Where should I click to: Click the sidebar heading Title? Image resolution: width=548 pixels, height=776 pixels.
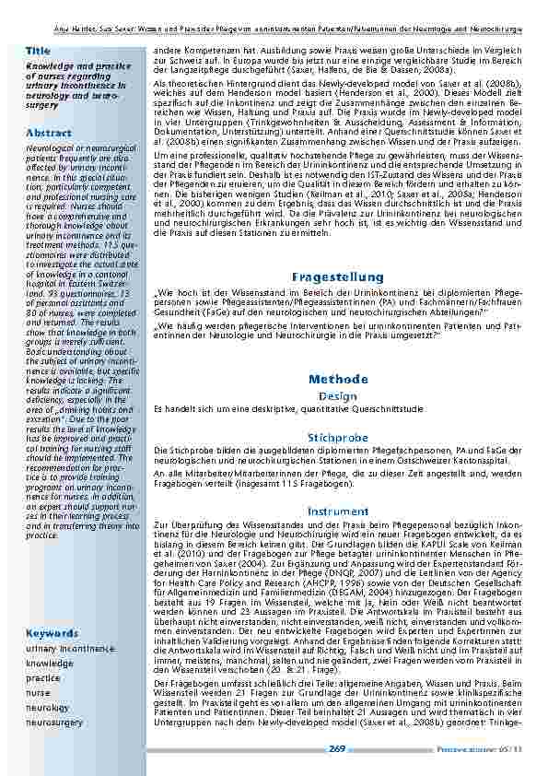[x=39, y=50]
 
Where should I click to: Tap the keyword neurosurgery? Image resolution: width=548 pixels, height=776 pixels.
[x=54, y=723]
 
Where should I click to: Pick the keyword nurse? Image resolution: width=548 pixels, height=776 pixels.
[x=38, y=692]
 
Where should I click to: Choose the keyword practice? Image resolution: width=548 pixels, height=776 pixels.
[x=42, y=677]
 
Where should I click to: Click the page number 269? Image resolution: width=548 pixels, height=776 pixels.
[x=337, y=751]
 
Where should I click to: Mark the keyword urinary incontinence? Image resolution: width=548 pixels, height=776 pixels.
[x=69, y=649]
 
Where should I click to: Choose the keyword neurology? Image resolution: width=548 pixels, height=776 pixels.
[x=48, y=708]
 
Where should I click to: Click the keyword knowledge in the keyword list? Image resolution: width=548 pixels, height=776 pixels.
[x=50, y=663]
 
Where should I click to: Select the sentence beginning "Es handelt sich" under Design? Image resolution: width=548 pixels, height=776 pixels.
[x=288, y=407]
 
